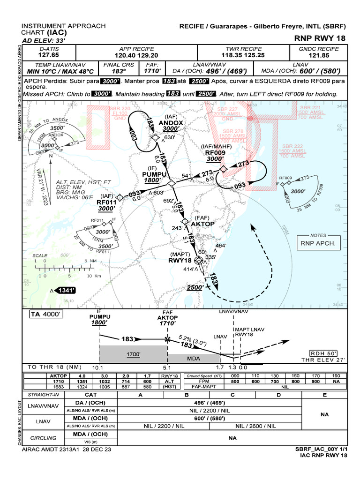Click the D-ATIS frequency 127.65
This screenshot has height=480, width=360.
coord(48,55)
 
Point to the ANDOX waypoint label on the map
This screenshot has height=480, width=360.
coord(171,123)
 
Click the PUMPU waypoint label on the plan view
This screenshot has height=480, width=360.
coord(154,174)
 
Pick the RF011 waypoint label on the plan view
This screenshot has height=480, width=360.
coord(106,202)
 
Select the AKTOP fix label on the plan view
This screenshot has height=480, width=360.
coord(203,224)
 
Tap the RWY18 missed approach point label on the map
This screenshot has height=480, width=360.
coord(180,261)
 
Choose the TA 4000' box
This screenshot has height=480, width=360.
coord(45,315)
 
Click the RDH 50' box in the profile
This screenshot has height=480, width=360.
coord(327,353)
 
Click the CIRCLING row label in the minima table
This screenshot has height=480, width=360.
coord(43,438)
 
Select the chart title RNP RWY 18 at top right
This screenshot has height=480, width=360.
coord(321,38)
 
